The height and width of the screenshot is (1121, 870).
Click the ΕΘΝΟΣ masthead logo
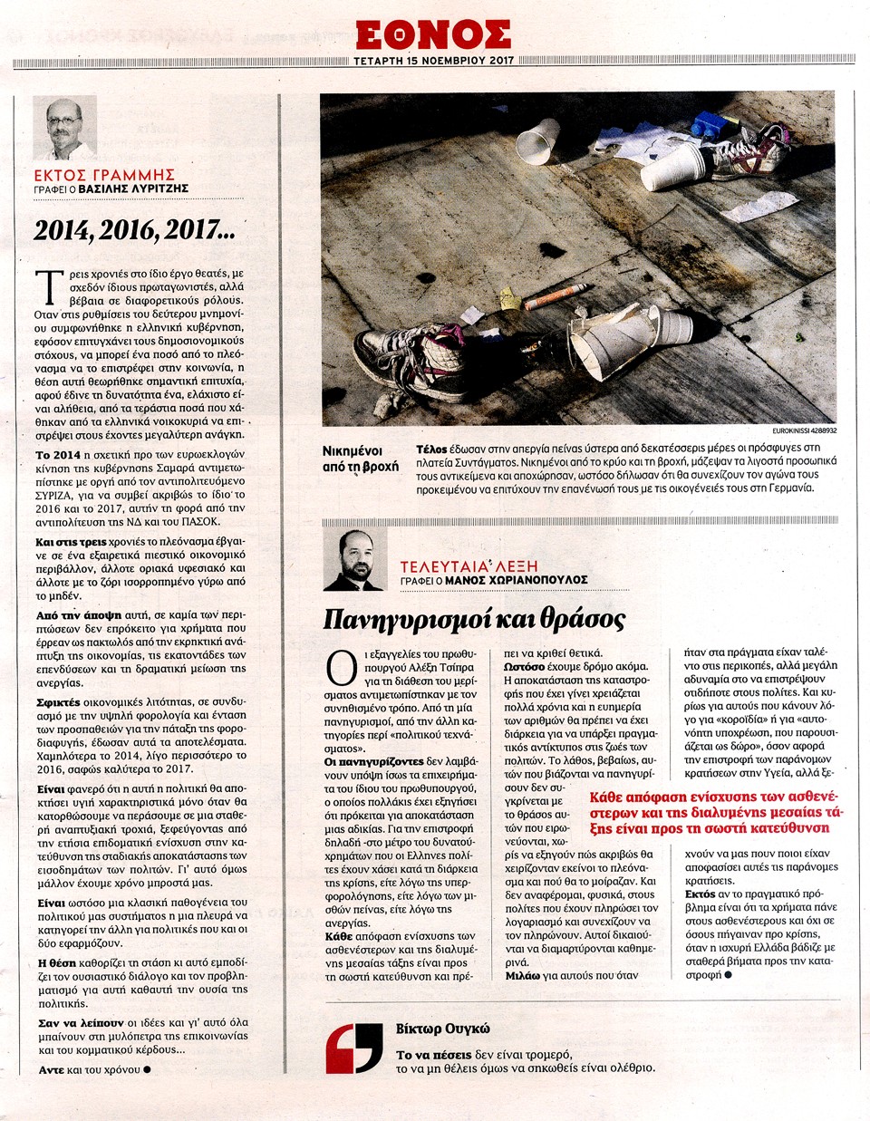tap(433, 34)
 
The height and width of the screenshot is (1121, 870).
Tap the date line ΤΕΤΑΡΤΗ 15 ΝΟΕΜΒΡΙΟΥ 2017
tap(434, 61)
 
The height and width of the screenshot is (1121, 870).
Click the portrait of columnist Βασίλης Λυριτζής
tap(65, 128)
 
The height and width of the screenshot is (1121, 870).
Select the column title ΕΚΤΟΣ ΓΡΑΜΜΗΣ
tap(104, 175)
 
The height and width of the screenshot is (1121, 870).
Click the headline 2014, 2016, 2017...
tap(134, 230)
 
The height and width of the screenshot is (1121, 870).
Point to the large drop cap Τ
tap(49, 286)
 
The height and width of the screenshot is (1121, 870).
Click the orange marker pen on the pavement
tap(555, 295)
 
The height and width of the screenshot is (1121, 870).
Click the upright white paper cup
tap(538, 141)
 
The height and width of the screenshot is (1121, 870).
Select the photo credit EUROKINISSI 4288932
tap(804, 430)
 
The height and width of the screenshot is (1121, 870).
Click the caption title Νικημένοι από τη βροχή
tap(360, 459)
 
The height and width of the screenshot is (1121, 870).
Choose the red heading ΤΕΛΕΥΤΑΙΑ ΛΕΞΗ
tap(469, 566)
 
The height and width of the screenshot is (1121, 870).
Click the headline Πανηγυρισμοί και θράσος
tap(474, 619)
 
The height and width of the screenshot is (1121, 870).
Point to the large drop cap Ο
tap(342, 668)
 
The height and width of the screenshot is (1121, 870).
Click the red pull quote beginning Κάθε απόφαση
tap(715, 812)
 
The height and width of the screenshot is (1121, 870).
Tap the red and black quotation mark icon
tap(354, 1049)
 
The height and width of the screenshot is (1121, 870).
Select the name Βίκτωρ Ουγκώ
tap(442, 1029)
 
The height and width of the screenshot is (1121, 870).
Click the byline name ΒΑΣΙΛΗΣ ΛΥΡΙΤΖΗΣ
tap(133, 189)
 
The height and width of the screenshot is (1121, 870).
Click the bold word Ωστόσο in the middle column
tap(524, 666)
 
